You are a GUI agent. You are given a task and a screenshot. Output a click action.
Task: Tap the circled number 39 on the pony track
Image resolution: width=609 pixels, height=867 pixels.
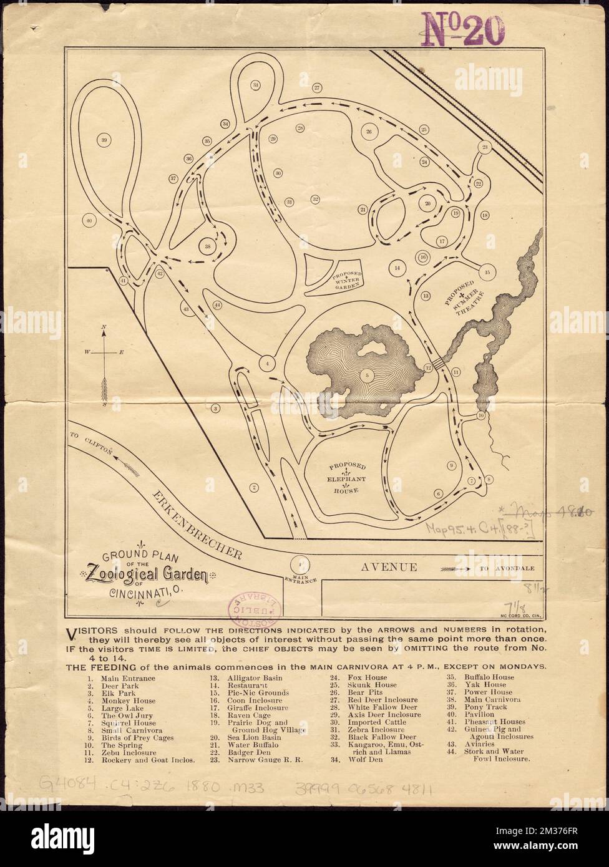point(104,139)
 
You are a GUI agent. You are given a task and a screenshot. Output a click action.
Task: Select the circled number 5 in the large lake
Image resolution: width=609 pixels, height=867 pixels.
point(368,375)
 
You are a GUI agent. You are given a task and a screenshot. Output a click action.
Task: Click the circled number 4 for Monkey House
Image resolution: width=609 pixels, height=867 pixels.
point(267,362)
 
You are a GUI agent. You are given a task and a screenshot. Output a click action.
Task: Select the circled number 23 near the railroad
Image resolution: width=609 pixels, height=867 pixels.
point(485,147)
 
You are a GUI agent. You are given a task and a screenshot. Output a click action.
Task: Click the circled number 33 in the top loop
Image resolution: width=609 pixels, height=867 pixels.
point(255,85)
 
